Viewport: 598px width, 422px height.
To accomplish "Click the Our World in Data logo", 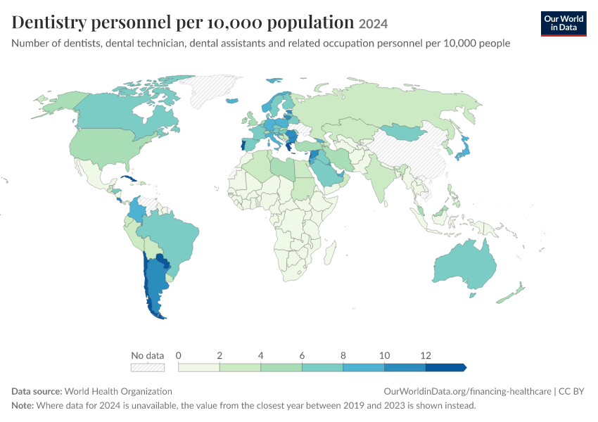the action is click(x=564, y=24).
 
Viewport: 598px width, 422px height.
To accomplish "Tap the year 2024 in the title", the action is click(x=373, y=24).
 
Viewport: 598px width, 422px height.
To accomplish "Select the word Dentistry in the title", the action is click(x=49, y=23).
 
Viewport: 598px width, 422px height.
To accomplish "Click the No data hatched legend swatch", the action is click(x=148, y=367).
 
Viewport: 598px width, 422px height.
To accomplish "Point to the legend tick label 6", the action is click(x=302, y=356).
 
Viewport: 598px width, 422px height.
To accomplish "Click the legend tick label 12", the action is click(x=425, y=356).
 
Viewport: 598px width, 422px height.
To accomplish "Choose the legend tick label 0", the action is click(x=178, y=356).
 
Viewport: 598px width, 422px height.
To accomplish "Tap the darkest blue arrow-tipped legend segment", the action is click(x=446, y=367).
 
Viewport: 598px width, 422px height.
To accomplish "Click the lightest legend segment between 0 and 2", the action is click(x=198, y=367).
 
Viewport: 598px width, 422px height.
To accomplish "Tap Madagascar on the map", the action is click(x=330, y=252).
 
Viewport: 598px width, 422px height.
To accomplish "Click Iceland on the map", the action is click(x=232, y=101).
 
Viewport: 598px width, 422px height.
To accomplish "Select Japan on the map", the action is click(x=463, y=149).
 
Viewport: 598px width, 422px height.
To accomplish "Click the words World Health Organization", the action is click(x=118, y=392).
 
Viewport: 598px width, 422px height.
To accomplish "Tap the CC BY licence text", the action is click(x=571, y=392).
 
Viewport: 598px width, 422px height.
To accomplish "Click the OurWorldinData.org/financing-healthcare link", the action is click(x=468, y=392).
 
